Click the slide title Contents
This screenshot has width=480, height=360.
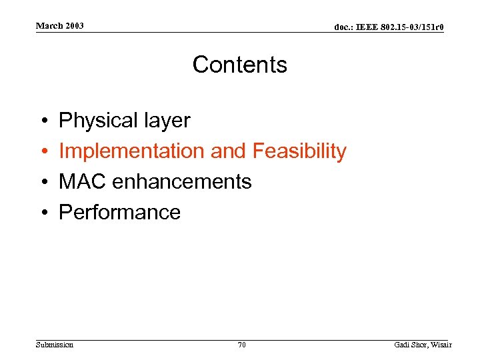(239, 65)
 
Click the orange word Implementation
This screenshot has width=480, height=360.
(132, 151)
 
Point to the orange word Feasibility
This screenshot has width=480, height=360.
(299, 151)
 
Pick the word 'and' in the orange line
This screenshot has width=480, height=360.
(228, 151)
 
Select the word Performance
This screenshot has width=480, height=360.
(120, 212)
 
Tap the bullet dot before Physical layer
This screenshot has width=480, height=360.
(42, 121)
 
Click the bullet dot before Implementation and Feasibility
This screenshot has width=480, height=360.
(42, 152)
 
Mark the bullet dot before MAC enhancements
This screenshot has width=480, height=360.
(42, 182)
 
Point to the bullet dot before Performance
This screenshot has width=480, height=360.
(42, 213)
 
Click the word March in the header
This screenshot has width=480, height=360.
(49, 26)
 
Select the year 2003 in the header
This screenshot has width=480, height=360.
(74, 26)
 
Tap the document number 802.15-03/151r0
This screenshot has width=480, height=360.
(414, 27)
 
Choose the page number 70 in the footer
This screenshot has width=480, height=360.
(241, 345)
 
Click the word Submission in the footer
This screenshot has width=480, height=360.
(54, 345)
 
